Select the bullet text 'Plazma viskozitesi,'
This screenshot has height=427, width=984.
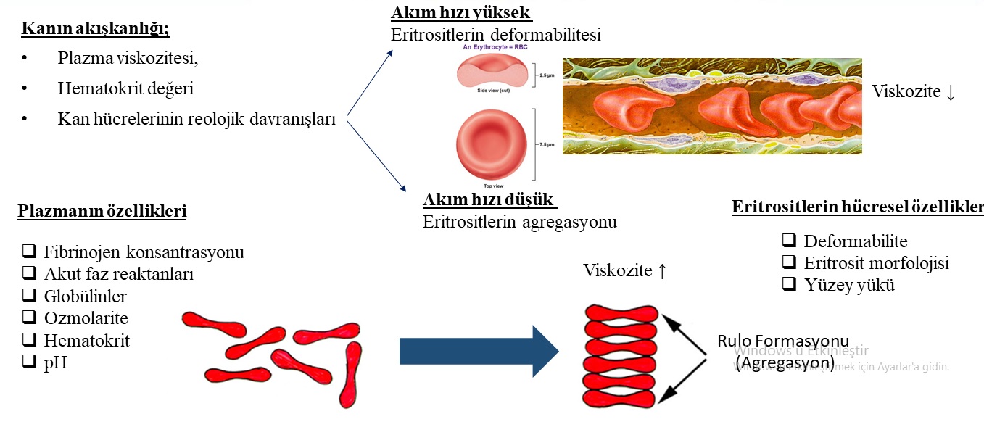click(128, 59)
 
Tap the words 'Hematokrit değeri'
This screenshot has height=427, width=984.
click(125, 88)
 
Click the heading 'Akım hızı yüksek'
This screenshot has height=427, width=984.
click(461, 13)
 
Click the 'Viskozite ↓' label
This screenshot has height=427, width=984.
click(913, 91)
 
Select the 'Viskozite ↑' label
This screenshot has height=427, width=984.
click(624, 270)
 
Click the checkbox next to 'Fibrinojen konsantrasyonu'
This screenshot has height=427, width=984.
click(30, 252)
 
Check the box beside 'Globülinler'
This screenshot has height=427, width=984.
click(30, 296)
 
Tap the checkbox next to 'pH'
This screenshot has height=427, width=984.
click(30, 361)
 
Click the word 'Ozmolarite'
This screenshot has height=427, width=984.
click(86, 318)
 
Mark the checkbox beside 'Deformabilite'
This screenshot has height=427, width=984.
click(790, 241)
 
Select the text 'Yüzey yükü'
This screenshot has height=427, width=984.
click(849, 285)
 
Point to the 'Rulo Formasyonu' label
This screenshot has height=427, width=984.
click(782, 341)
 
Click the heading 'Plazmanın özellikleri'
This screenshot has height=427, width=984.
click(102, 212)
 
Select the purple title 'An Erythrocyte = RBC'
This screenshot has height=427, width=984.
click(496, 47)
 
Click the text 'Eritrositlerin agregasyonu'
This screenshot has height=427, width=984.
click(519, 222)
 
